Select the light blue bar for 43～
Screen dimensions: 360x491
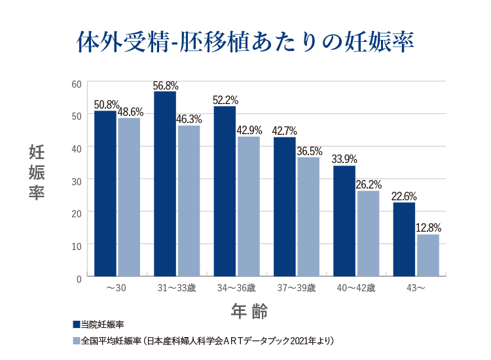(x=427, y=255)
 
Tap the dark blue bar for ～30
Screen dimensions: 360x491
(x=105, y=194)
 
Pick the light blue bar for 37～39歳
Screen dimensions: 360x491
(x=308, y=217)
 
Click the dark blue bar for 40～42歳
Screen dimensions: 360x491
(x=344, y=221)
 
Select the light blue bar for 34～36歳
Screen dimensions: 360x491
(x=249, y=206)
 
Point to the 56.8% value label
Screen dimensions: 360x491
(x=166, y=86)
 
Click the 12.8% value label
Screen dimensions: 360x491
(x=429, y=228)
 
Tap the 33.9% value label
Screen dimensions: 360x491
(x=345, y=159)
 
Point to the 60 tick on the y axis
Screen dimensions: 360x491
(x=76, y=84)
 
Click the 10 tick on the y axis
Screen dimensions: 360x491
(x=76, y=245)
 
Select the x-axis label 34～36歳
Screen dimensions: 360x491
(x=236, y=289)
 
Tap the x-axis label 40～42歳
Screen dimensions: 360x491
(x=356, y=289)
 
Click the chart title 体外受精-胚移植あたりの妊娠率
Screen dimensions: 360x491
(x=245, y=42)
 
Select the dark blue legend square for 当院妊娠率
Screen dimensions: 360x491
(x=76, y=324)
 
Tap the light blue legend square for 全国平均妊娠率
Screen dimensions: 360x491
(x=76, y=340)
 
